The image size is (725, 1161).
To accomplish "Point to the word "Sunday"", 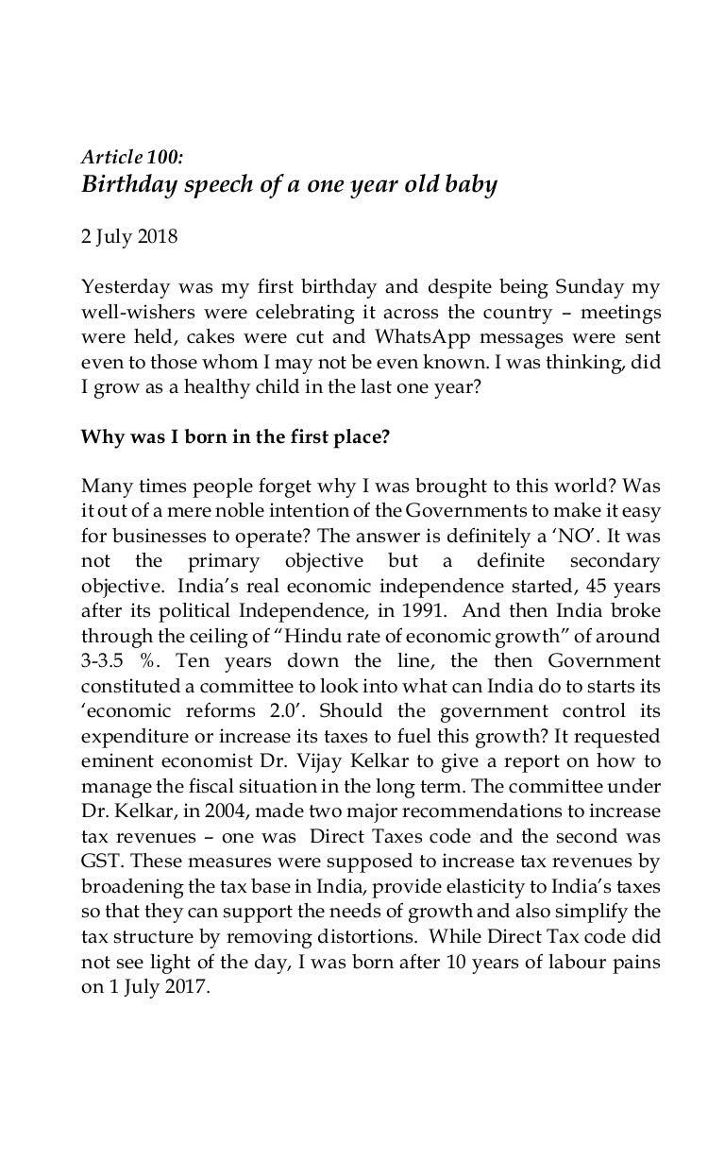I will pyautogui.click(x=565, y=286).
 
